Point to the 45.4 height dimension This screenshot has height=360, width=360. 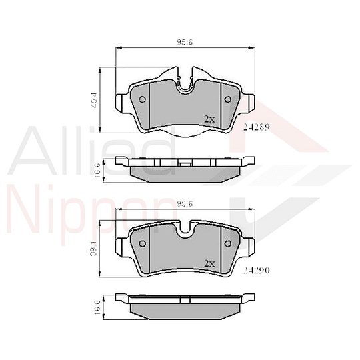pyautogui.click(x=94, y=99)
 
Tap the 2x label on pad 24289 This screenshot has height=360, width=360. pyautogui.click(x=209, y=119)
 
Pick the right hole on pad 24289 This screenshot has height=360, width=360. pyautogui.click(x=227, y=100)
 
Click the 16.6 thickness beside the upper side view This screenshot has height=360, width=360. pyautogui.click(x=97, y=169)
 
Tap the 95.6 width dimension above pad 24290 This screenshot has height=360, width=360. pyautogui.click(x=185, y=203)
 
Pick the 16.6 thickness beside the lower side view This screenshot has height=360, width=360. pyautogui.click(x=97, y=306)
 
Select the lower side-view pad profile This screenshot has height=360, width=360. pyautogui.click(x=185, y=305)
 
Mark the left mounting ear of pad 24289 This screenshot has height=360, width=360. pyautogui.click(x=122, y=102)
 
